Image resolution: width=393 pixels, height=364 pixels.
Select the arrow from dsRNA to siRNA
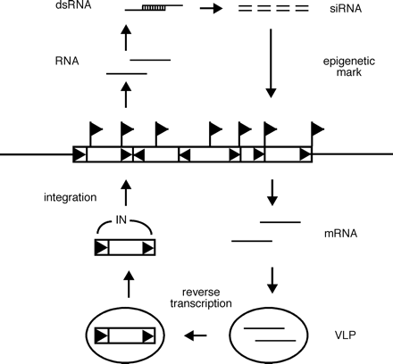[x=211, y=11]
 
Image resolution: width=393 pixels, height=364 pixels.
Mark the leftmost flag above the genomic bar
[x=94, y=131]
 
